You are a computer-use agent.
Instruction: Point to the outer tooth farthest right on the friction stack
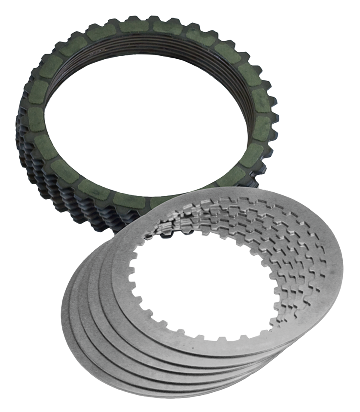tap(275, 124)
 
